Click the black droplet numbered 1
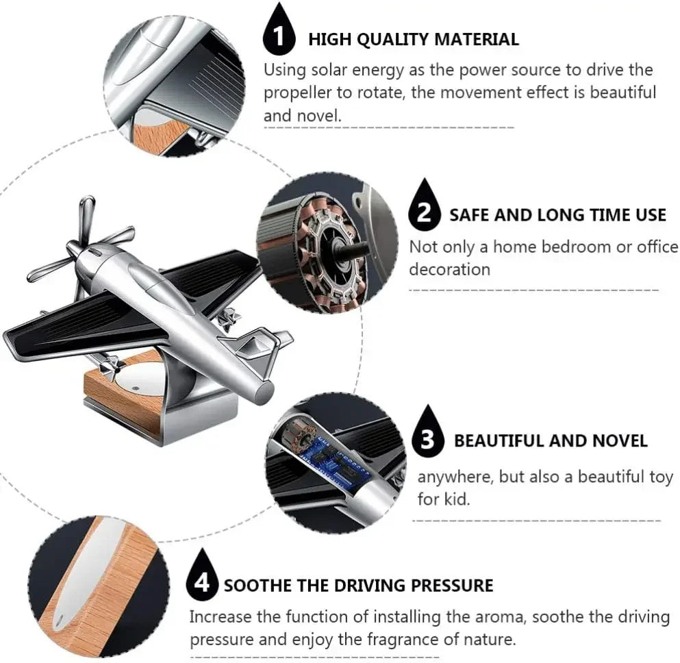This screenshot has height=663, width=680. (278, 34)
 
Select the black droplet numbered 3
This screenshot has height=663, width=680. (428, 436)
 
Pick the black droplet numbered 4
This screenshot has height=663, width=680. (201, 579)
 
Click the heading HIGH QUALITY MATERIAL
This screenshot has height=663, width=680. (413, 39)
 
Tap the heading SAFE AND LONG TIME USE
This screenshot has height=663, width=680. (557, 215)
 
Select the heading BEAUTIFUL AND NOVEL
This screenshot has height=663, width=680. (550, 440)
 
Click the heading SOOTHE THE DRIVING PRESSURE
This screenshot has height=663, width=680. (358, 586)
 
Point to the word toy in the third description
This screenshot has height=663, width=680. (660, 477)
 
